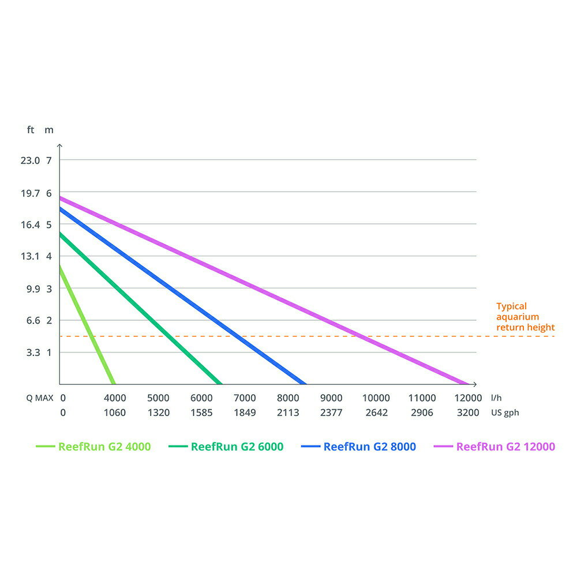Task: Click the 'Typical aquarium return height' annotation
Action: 525,317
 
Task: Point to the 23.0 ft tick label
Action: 30,160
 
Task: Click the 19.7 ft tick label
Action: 30,193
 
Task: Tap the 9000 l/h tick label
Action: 331,398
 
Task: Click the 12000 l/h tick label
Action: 468,398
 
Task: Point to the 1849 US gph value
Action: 245,413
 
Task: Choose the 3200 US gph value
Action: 468,413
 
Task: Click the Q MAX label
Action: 39,398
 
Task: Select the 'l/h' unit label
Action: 496,398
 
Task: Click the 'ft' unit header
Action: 31,130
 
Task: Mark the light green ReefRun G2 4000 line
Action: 87,325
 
